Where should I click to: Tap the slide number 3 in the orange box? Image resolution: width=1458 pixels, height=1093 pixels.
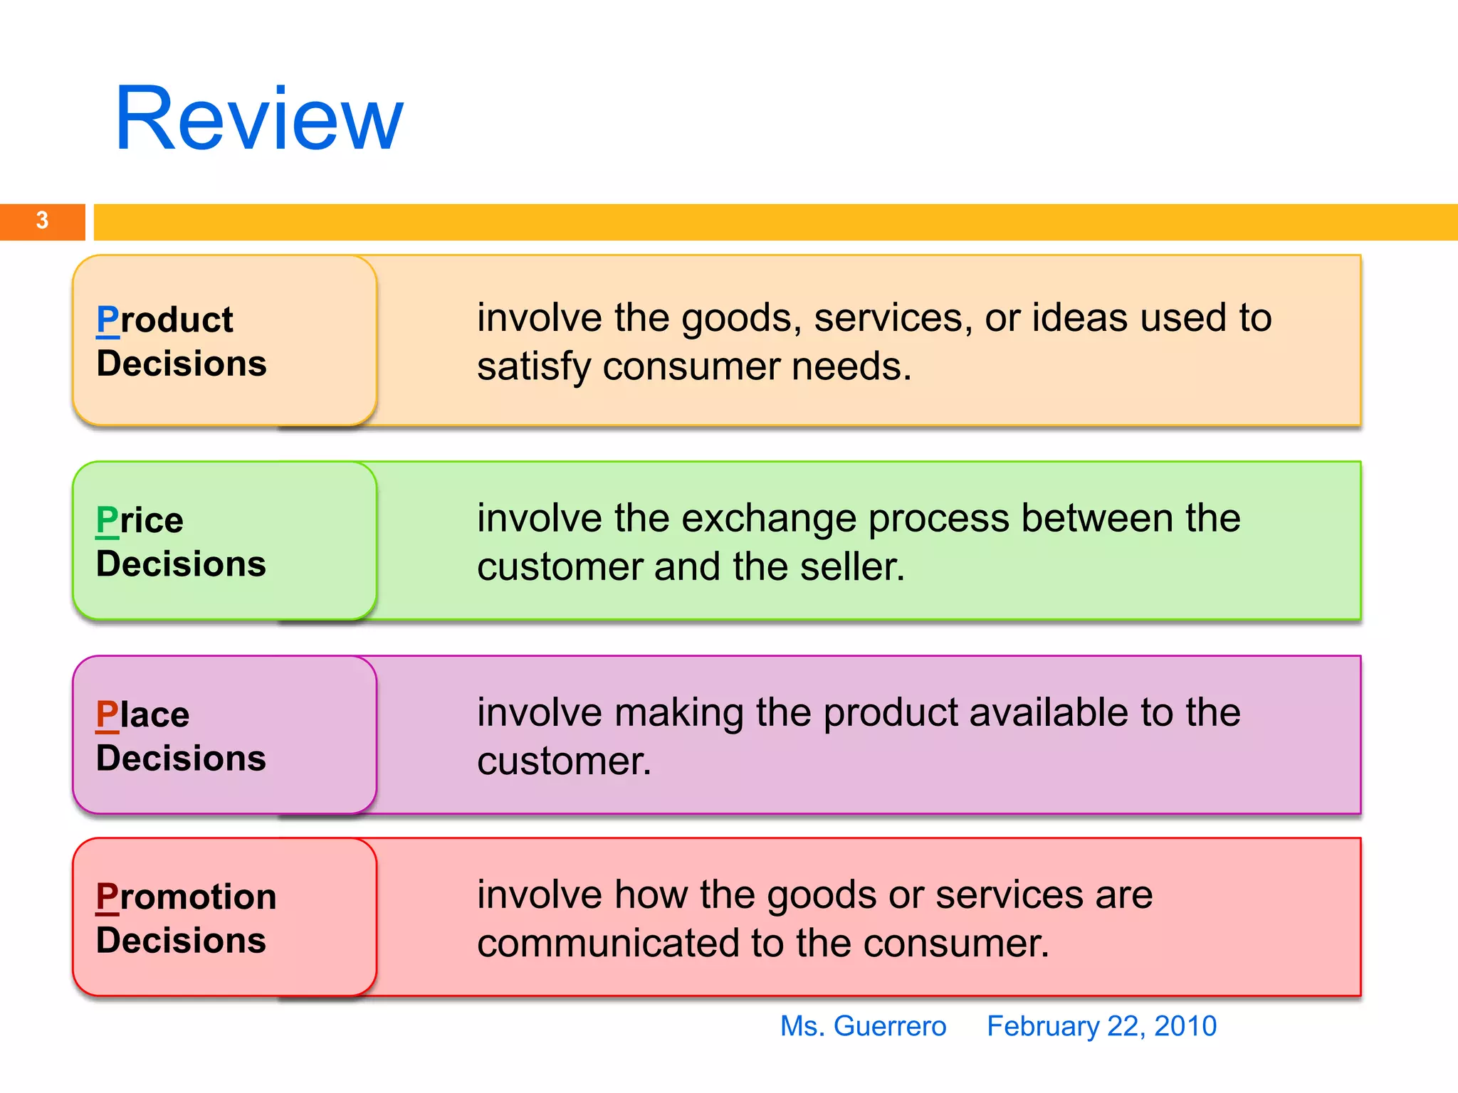43,221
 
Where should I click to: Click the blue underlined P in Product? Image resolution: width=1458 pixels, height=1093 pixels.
107,320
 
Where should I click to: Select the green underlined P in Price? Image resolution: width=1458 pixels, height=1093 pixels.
107,520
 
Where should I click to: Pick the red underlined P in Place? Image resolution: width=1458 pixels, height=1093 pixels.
107,714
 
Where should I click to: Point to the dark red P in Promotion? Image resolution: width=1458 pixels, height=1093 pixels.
107,897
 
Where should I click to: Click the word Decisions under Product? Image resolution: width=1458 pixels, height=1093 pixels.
182,364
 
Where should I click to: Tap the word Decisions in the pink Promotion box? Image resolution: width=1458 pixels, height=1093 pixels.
182,941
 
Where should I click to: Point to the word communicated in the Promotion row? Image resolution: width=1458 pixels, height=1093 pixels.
608,944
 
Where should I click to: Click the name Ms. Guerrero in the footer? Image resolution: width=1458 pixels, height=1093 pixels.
863,1026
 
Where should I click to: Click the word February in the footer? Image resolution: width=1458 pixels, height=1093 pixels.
1042,1026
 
